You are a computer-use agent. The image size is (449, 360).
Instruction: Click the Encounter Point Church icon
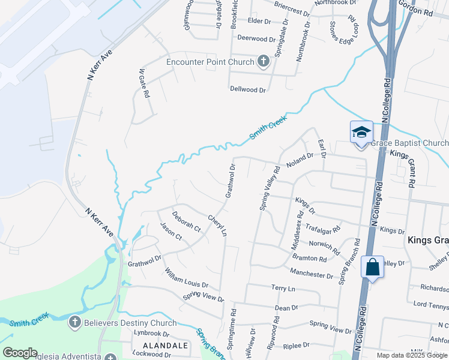point(263,61)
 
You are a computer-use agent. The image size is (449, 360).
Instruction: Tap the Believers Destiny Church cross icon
point(74,323)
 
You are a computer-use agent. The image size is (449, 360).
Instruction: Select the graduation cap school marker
point(361,132)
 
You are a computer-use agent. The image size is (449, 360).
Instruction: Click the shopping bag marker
point(372,266)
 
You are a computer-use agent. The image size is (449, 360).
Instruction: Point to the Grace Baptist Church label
point(409,143)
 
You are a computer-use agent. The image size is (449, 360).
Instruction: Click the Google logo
point(20,353)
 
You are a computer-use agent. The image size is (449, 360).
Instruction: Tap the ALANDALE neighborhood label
point(165,346)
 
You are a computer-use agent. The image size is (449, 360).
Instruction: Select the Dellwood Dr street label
point(248,89)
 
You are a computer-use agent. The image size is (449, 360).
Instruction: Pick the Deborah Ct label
point(186,221)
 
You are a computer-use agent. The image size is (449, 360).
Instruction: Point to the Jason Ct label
point(171,231)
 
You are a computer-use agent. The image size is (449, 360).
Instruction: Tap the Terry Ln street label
point(283,289)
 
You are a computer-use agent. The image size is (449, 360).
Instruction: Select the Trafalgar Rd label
point(323,229)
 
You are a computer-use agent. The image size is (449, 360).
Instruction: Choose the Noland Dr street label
point(300,160)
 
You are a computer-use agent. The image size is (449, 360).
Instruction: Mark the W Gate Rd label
point(144,83)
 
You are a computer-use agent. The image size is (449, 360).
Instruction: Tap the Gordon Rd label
point(416,8)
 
